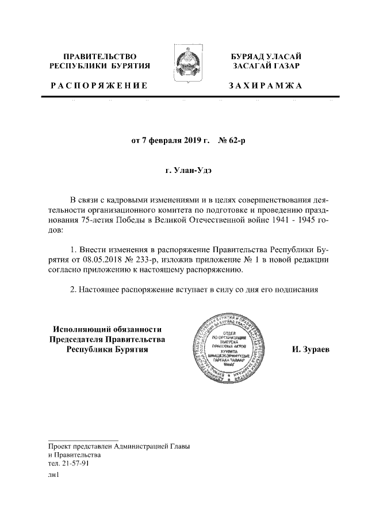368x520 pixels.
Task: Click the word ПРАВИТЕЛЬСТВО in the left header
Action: click(x=99, y=56)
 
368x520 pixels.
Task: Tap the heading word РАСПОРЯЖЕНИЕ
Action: click(x=99, y=86)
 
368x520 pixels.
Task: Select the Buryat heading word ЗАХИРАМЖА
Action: click(x=265, y=86)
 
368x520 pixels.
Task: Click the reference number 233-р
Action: click(x=155, y=260)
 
